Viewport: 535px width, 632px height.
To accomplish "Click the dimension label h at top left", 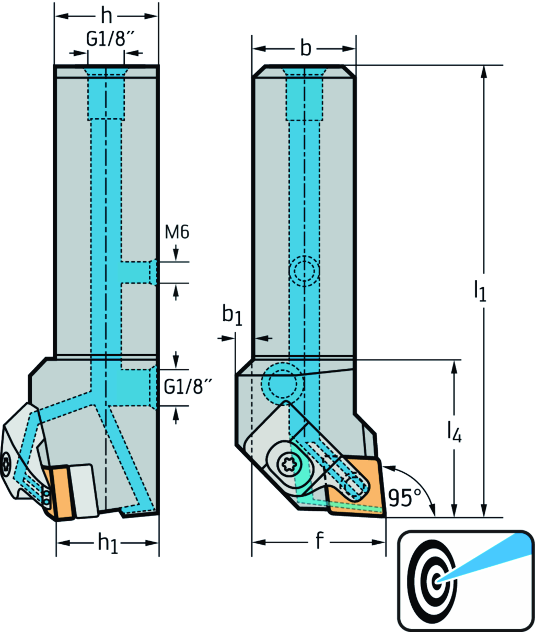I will (x=106, y=17).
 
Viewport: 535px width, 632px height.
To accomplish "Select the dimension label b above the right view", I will (x=306, y=49).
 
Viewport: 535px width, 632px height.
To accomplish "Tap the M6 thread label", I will (x=177, y=232).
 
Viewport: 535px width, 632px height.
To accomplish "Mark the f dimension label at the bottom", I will (x=319, y=542).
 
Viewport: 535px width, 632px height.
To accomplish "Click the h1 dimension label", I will (x=108, y=544).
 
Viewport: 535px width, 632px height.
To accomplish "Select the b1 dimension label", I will (x=232, y=315).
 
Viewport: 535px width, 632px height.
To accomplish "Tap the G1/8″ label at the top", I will (x=107, y=40).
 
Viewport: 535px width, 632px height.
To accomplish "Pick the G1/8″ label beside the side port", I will (x=188, y=387).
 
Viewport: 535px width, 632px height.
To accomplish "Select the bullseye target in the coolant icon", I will (x=432, y=578).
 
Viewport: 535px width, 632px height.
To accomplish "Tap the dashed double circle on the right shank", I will (x=304, y=271).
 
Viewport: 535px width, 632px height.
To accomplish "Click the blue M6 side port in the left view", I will (x=137, y=272).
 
